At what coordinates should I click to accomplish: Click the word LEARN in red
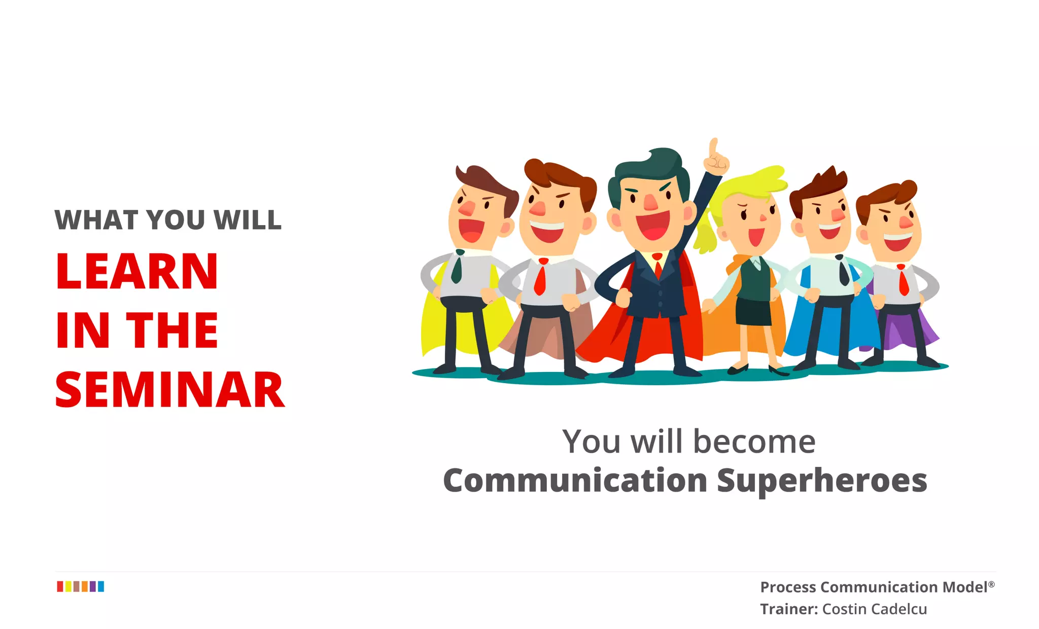(136, 272)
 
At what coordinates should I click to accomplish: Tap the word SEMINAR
(169, 390)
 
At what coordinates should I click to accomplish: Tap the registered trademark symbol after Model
(991, 584)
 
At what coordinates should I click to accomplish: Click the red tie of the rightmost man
(903, 281)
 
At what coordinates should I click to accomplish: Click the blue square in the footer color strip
(101, 586)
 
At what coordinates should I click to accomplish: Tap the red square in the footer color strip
(60, 586)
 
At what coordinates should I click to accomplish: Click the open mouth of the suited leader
(653, 226)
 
